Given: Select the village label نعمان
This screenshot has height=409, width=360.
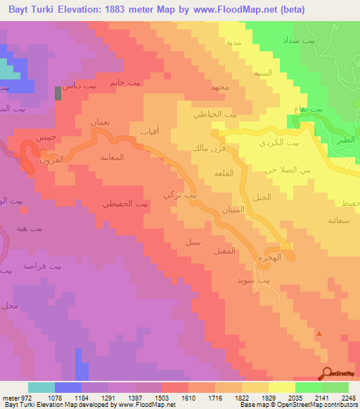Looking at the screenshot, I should [101, 122].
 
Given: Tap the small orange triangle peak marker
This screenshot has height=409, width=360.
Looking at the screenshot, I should [320, 335].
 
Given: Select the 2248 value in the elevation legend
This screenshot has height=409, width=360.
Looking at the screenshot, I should [345, 398].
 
